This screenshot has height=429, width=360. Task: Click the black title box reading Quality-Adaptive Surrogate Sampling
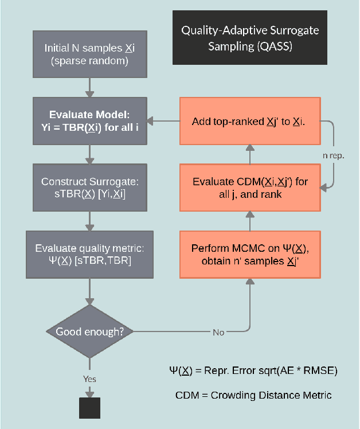(x=250, y=38)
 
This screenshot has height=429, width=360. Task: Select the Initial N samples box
(x=89, y=54)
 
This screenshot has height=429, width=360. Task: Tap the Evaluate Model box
(x=89, y=120)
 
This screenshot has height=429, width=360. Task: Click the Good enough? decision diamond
(x=89, y=332)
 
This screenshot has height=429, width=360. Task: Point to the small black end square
(x=89, y=408)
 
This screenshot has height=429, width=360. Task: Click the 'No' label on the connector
(x=218, y=333)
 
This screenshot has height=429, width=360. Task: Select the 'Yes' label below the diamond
(x=89, y=379)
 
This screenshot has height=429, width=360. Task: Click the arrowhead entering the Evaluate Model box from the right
(x=151, y=122)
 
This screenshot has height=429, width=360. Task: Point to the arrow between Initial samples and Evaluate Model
(x=89, y=87)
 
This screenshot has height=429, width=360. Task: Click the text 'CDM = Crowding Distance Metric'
(x=253, y=395)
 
